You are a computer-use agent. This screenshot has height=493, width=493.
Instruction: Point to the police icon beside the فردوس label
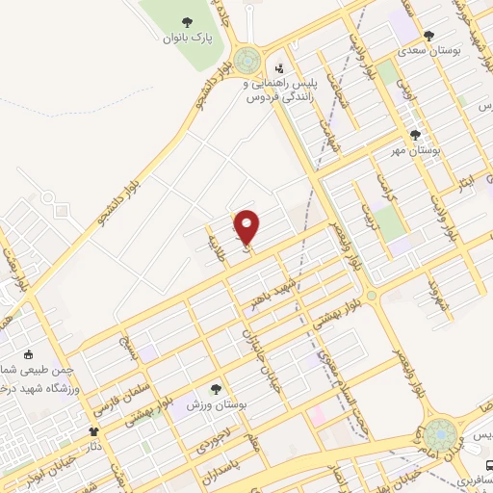(x=279, y=68)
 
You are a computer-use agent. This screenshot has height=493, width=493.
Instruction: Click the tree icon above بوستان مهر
(x=415, y=136)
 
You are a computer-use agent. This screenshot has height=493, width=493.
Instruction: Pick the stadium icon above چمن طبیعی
(x=28, y=353)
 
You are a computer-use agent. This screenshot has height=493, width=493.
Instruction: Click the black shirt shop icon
(x=93, y=432)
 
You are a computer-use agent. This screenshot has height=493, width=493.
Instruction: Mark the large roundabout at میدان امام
(x=440, y=434)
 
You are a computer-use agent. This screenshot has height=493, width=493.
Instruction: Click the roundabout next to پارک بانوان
(x=248, y=63)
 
